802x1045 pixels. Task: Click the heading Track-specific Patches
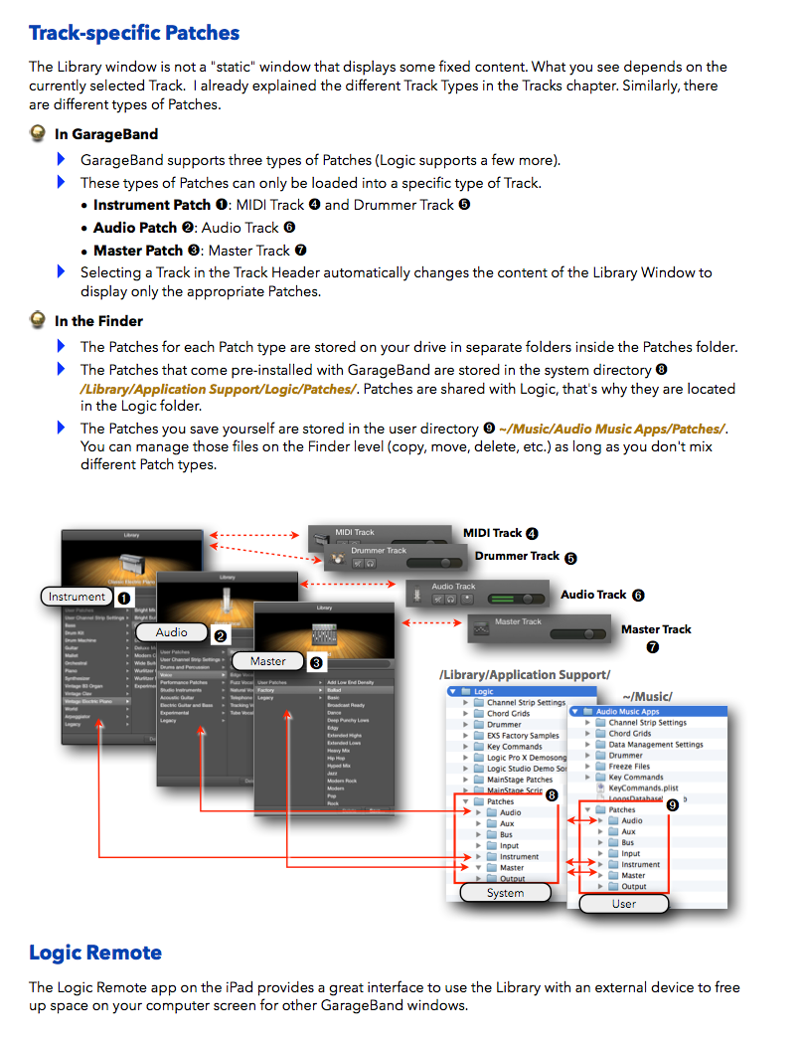134,33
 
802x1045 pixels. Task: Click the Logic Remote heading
95,953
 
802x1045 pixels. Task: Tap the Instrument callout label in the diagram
77,597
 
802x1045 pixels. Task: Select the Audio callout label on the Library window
172,632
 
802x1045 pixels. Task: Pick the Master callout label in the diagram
267,661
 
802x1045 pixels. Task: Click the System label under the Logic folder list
505,893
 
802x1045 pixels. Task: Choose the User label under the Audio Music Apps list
623,904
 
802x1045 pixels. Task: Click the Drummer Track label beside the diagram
517,556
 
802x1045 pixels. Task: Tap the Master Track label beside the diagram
656,629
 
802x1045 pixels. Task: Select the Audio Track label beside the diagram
593,595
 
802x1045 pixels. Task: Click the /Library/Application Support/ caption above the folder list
525,675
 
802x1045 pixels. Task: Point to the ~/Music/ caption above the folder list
647,696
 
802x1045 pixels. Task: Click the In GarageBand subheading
106,134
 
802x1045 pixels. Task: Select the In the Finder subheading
98,321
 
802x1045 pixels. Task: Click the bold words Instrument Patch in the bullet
152,205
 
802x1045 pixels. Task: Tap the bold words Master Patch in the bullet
138,251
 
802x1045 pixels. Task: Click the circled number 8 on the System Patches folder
552,794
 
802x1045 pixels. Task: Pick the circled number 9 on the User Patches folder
673,805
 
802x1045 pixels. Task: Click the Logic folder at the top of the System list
484,691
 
